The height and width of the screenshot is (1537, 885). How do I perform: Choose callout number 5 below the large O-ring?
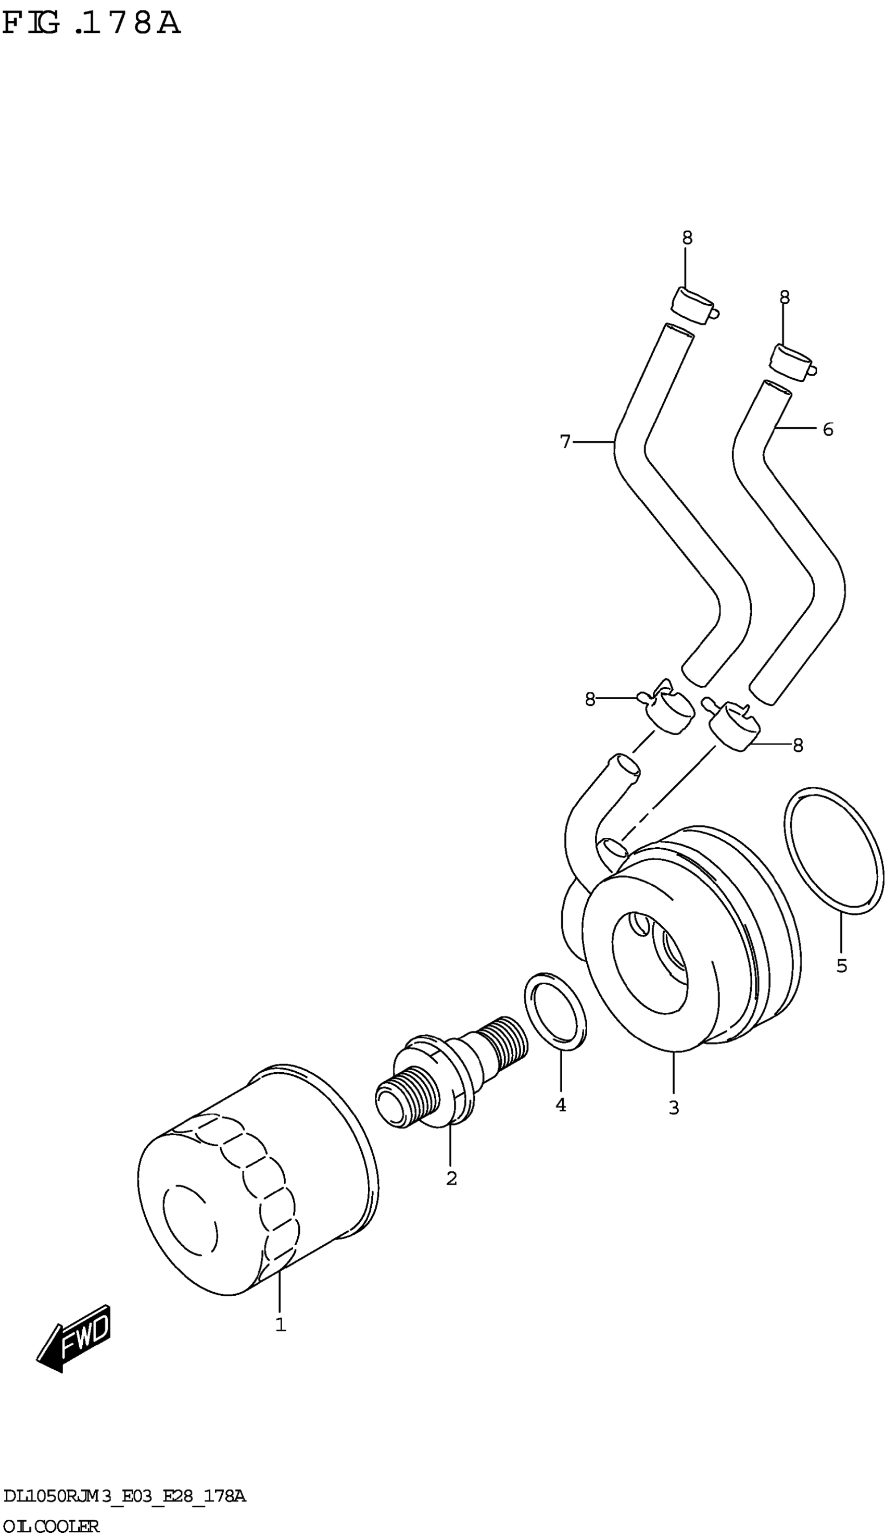[x=841, y=965]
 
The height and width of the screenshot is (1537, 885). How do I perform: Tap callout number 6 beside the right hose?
[x=827, y=429]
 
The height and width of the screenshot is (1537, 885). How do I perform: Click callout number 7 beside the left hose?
[x=565, y=442]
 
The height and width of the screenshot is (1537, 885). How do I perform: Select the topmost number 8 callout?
[x=687, y=238]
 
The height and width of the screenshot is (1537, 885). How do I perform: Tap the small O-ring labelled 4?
[x=555, y=1011]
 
